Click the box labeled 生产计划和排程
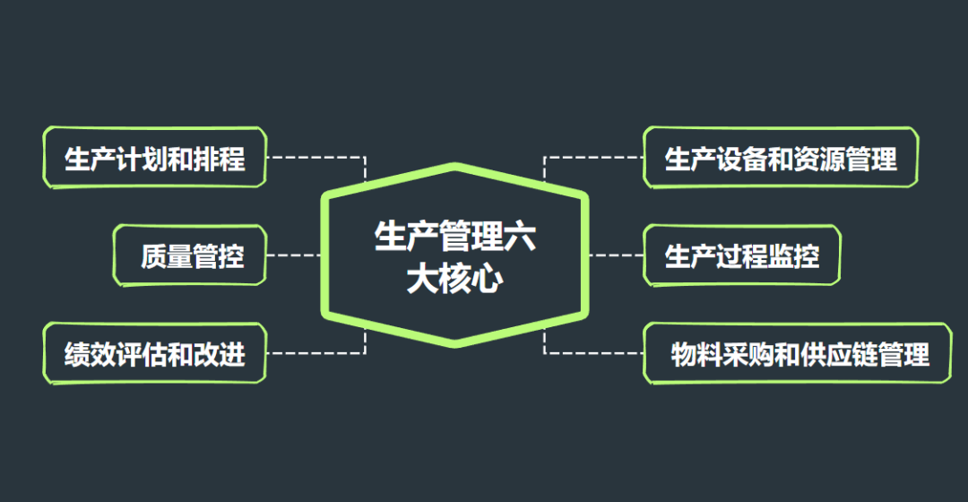click(x=154, y=158)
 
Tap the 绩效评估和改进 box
click(x=154, y=353)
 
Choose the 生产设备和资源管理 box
click(x=780, y=158)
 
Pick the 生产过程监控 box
click(x=741, y=255)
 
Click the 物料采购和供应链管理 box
click(x=798, y=353)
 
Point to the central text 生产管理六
click(x=455, y=238)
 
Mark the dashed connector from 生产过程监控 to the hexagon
click(x=616, y=255)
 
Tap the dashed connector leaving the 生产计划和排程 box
click(x=314, y=158)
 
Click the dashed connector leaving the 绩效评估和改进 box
click(x=314, y=353)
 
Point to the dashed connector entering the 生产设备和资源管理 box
click(x=596, y=158)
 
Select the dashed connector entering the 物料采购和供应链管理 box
click(x=596, y=353)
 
